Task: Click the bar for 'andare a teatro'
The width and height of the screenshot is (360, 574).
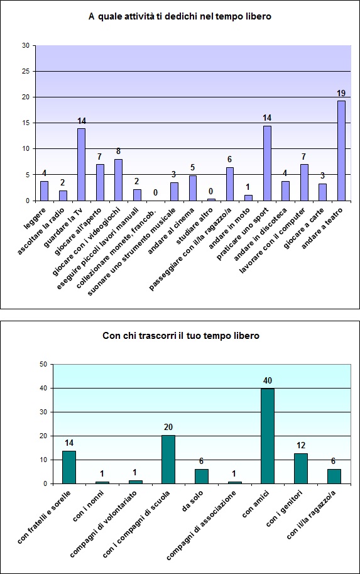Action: coord(342,151)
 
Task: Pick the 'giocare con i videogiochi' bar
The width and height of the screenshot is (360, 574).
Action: coord(118,180)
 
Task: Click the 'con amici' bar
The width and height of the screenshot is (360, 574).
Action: coord(268,436)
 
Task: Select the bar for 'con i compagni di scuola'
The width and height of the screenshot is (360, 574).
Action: coord(168,460)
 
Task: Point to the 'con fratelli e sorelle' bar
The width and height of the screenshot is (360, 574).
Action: coord(69,467)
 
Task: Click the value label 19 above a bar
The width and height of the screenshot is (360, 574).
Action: coord(342,92)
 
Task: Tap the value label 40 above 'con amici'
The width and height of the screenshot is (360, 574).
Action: coord(268,380)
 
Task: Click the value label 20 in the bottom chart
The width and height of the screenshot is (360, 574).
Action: coord(168,427)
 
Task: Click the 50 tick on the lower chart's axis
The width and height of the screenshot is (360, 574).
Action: coord(43,364)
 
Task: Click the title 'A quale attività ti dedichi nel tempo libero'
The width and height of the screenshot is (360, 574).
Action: coord(180,17)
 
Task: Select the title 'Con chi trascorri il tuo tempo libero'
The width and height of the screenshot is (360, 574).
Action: coord(180,336)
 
